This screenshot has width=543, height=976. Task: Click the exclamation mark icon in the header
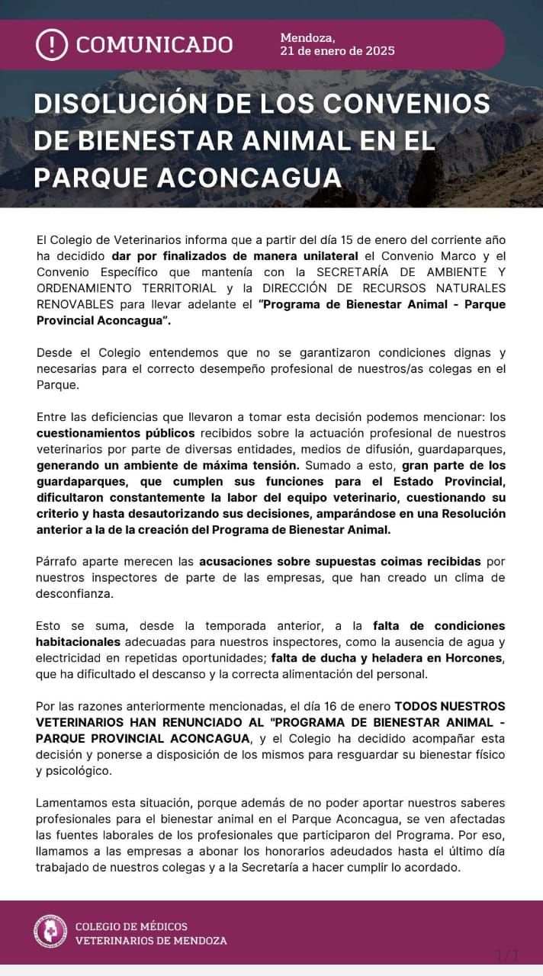pos(52,44)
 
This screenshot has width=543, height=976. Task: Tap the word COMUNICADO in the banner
pos(154,44)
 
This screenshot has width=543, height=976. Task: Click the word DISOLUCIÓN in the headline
pos(130,104)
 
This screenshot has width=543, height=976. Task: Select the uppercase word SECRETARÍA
pos(359,271)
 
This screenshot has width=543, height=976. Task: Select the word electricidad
pos(74,657)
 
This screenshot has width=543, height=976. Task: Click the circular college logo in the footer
pos(50,932)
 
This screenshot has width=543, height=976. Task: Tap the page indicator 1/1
pos(507,954)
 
